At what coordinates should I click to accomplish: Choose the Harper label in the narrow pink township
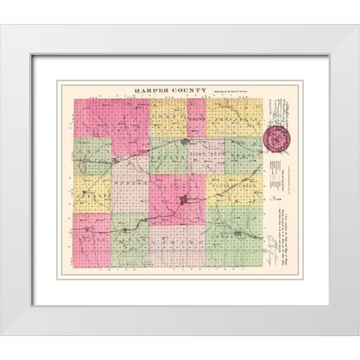coord(196,118)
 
